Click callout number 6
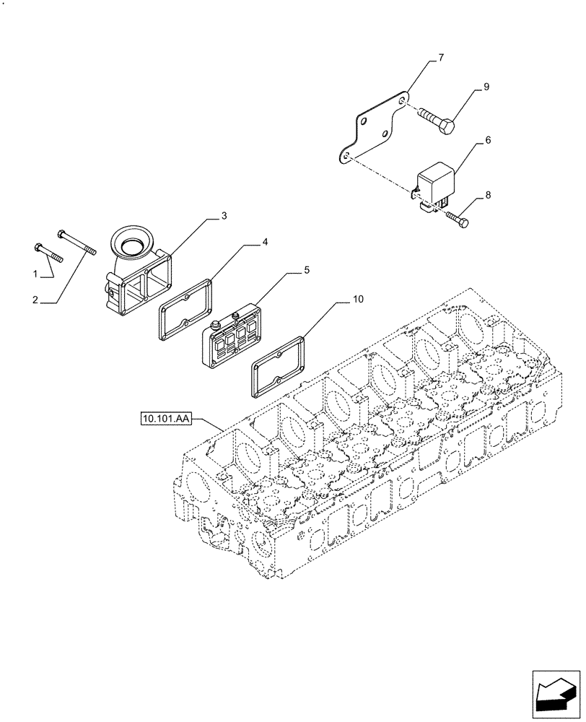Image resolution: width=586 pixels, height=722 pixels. click(x=488, y=140)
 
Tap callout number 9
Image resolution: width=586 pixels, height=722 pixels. click(x=486, y=87)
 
